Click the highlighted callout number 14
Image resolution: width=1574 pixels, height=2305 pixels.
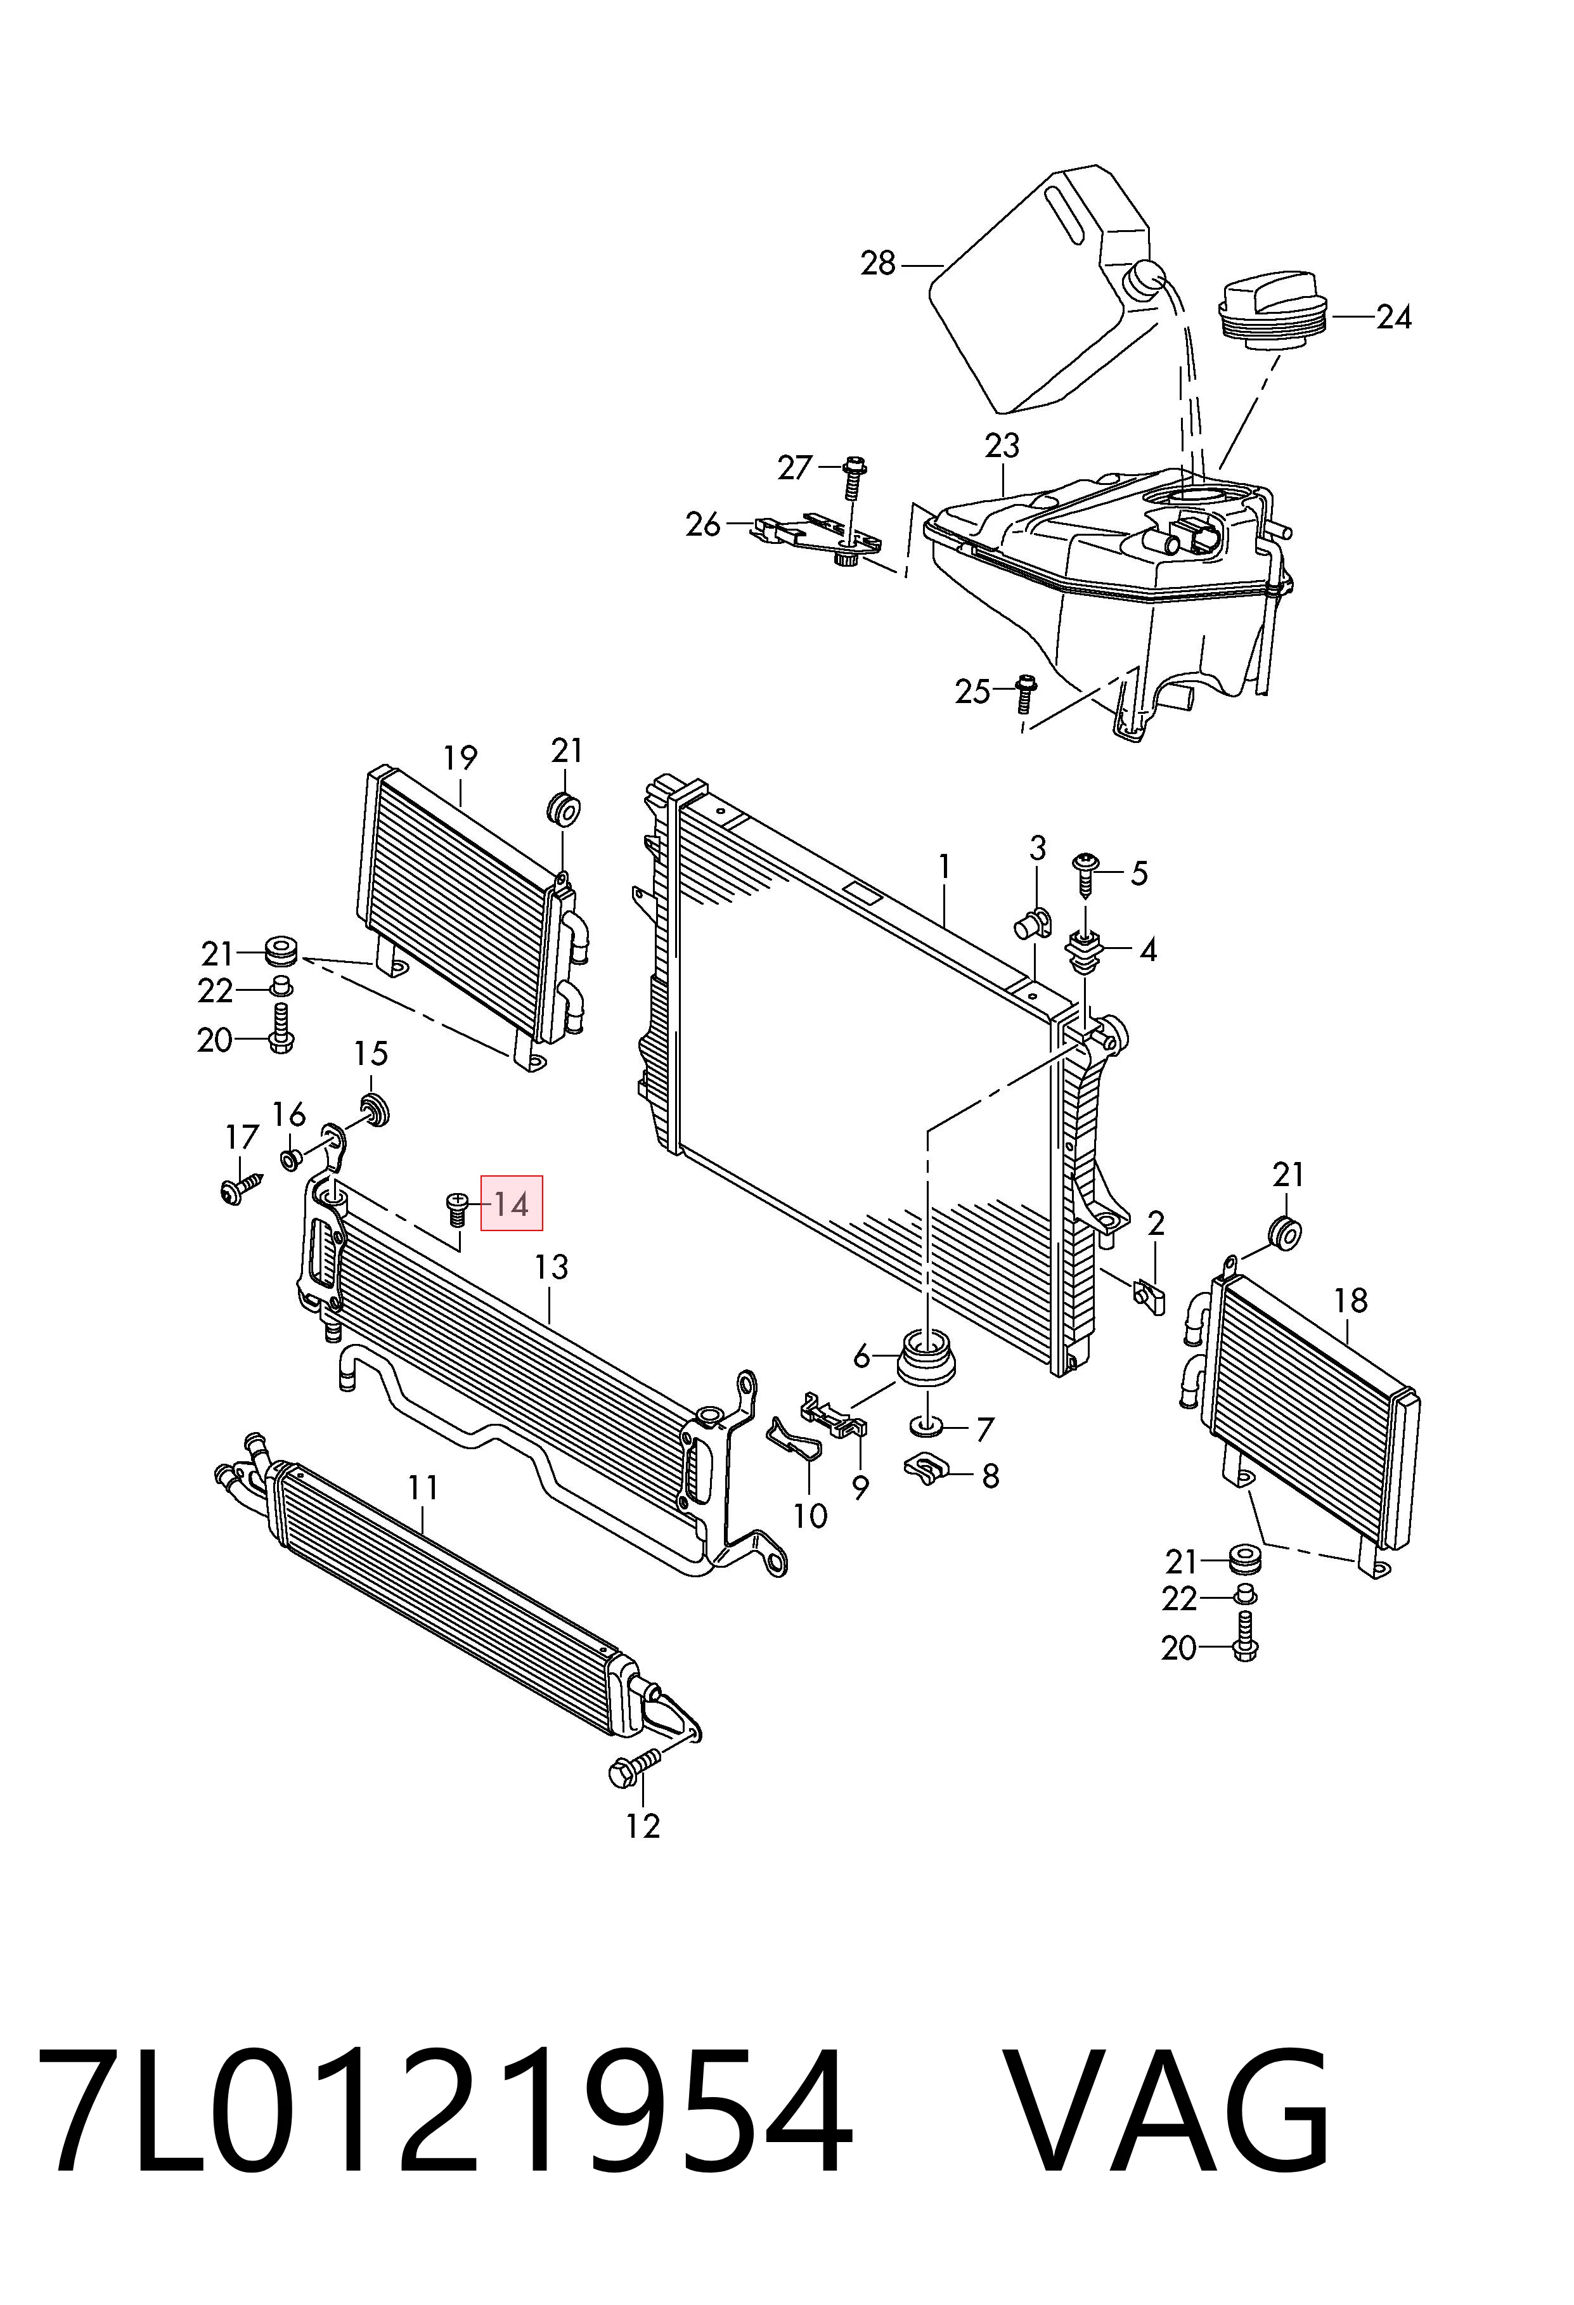pos(512,1204)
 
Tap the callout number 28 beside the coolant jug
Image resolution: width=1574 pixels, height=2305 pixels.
pos(878,264)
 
